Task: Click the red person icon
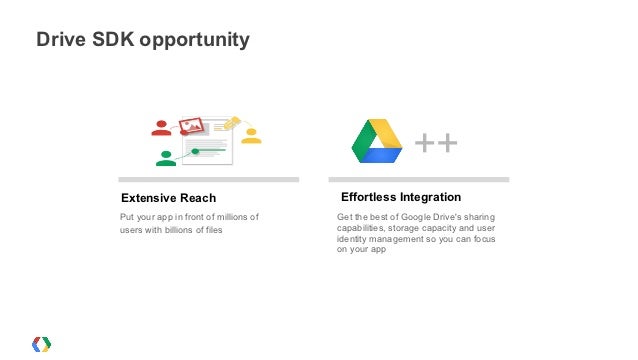pos(160,128)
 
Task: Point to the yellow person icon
pos(251,136)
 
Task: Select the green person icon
pos(166,157)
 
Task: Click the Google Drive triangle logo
pos(377,141)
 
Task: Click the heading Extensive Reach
pos(168,197)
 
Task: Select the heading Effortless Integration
pos(400,197)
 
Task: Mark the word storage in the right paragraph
pos(398,228)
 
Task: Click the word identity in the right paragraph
pos(352,239)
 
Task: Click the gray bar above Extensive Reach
pos(208,180)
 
